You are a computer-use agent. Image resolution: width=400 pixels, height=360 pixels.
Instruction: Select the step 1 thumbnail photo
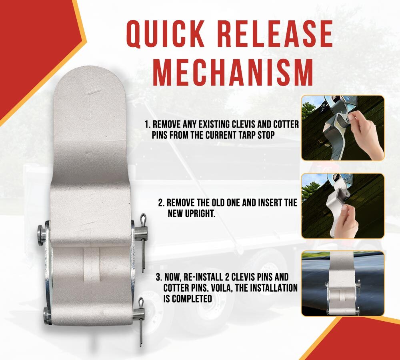click(342, 128)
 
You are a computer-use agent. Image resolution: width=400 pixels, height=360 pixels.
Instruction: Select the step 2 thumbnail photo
click(342, 206)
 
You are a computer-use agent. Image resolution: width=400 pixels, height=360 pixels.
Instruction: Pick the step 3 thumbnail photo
click(342, 283)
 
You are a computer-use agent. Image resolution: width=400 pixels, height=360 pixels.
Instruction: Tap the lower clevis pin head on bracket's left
click(48, 315)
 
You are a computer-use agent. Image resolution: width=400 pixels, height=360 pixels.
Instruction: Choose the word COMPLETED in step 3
click(192, 298)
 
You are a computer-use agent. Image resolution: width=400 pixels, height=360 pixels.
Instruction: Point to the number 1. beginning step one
click(147, 125)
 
